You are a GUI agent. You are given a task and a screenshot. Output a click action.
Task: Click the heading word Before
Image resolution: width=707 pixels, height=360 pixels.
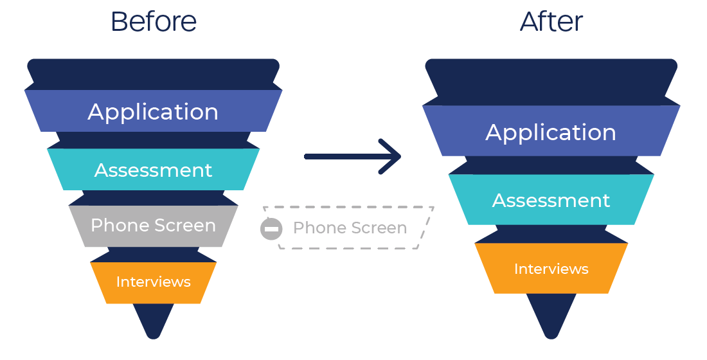point(154,22)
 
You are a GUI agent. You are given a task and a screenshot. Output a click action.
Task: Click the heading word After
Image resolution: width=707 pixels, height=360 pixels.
point(551,22)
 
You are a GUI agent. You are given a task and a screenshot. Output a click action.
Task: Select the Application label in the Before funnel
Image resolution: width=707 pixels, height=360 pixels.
point(153,112)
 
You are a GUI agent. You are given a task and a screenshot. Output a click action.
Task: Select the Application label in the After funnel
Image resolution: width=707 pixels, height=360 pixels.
point(551,132)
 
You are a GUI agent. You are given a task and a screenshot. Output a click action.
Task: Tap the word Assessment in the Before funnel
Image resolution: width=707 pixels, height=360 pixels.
point(154,170)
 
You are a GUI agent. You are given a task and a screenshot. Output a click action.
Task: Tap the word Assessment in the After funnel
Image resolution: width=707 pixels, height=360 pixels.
point(551,201)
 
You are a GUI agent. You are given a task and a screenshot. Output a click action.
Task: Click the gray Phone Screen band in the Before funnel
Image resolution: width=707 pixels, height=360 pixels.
point(154,226)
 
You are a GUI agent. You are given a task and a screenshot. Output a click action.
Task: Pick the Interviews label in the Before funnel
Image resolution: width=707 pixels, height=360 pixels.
point(154,282)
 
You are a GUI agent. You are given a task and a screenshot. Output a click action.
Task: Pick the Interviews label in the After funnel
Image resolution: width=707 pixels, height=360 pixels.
point(551,269)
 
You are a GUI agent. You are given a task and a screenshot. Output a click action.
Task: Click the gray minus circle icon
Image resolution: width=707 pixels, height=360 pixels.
point(271,229)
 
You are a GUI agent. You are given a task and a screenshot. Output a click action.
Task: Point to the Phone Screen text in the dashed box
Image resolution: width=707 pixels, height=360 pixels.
point(350,228)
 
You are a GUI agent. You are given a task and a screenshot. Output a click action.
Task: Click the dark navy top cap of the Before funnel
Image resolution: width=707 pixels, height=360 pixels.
point(154,74)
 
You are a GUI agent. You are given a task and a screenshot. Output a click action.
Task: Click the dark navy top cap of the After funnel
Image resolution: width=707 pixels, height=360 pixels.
point(551,82)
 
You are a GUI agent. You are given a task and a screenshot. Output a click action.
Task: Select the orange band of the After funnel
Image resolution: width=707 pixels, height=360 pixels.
point(551,269)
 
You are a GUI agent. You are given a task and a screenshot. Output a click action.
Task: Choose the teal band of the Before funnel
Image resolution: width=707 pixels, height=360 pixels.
point(154,169)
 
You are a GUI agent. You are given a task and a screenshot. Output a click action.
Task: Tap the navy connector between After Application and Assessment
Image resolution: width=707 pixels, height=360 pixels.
point(551,165)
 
